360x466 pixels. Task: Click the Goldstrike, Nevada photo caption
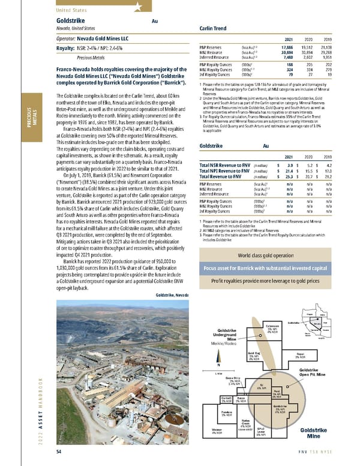[172, 295]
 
